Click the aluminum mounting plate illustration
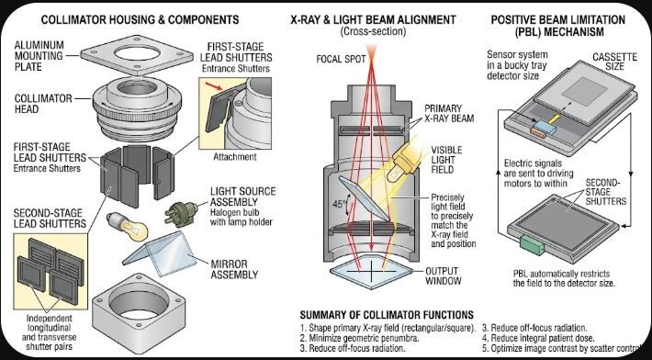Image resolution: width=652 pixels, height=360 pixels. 137,55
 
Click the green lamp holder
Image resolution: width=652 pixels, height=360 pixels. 181,213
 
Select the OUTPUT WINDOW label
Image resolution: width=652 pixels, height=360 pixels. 443,276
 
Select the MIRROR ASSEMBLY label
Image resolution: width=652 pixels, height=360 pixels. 234,269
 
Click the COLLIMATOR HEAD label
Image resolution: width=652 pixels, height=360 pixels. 43,104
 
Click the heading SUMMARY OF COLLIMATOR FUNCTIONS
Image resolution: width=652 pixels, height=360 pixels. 387,315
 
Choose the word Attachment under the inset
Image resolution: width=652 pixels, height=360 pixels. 235,157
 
